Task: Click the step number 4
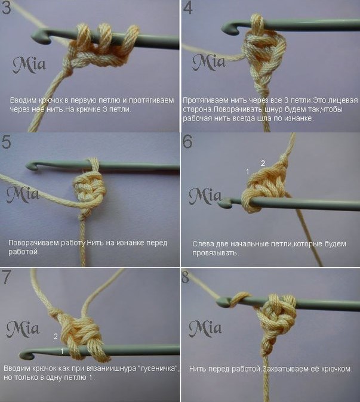[x=188, y=8]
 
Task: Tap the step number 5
[x=6, y=142]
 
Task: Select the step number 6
[x=187, y=141]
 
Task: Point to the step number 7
[x=7, y=277]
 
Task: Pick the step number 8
[x=185, y=277]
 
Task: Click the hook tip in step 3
[x=35, y=36]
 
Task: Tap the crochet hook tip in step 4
[x=226, y=28]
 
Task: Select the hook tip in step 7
[x=24, y=354]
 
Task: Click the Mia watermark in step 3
[x=29, y=65]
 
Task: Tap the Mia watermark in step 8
[x=205, y=329]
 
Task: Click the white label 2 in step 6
[x=263, y=163]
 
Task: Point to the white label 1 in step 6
[x=248, y=172]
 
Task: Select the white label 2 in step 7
[x=56, y=336]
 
